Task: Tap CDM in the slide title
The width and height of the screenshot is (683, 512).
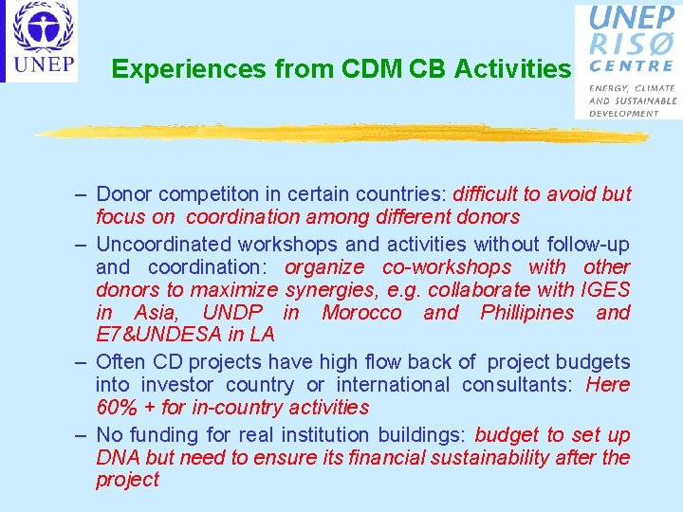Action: (x=363, y=69)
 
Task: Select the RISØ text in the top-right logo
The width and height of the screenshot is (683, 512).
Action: (x=632, y=44)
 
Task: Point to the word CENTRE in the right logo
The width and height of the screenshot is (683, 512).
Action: (x=632, y=66)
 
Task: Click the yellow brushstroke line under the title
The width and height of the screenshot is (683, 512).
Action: (x=341, y=134)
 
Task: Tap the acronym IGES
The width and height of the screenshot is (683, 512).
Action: (x=606, y=290)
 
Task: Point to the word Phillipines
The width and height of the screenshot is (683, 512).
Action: (x=527, y=313)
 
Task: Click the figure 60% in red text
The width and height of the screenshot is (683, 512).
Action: (x=116, y=408)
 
